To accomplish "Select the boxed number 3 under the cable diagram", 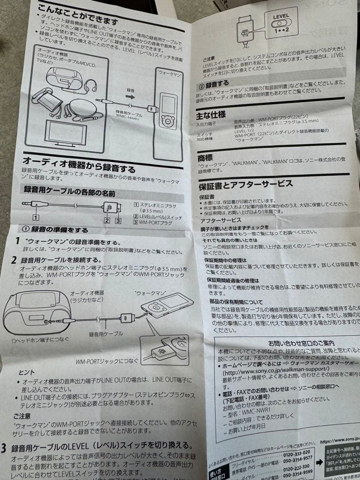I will pos(117,220).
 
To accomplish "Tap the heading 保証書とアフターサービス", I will pos(245,184).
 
